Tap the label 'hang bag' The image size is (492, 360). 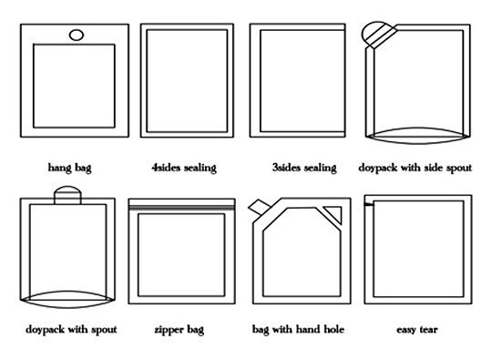(69, 168)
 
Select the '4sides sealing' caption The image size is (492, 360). (184, 168)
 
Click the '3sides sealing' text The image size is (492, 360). (304, 168)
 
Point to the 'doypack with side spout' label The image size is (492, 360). (415, 168)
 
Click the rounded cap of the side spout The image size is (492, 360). (373, 28)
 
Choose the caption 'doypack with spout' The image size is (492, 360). (71, 330)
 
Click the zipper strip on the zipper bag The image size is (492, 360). (181, 208)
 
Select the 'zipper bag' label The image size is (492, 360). (179, 330)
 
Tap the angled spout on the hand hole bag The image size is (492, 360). (259, 207)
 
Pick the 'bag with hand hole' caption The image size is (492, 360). (299, 330)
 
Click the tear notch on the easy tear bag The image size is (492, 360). (369, 205)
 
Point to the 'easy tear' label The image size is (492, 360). (417, 330)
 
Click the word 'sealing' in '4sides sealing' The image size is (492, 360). (200, 168)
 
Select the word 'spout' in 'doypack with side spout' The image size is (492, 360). (459, 169)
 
